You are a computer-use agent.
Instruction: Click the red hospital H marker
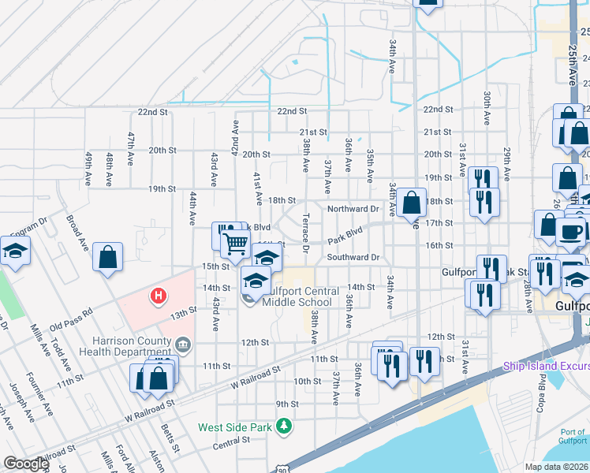[159, 296]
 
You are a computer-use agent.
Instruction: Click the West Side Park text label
[234, 428]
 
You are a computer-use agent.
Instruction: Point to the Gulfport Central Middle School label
[297, 296]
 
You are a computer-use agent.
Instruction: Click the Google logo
[26, 464]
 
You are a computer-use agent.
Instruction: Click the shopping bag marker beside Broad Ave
[107, 257]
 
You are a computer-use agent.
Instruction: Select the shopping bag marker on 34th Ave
[411, 203]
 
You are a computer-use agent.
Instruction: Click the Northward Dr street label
[353, 209]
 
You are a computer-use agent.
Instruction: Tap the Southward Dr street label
[353, 257]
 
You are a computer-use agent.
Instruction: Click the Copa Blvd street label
[542, 393]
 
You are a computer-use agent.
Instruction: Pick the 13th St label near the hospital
[183, 312]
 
